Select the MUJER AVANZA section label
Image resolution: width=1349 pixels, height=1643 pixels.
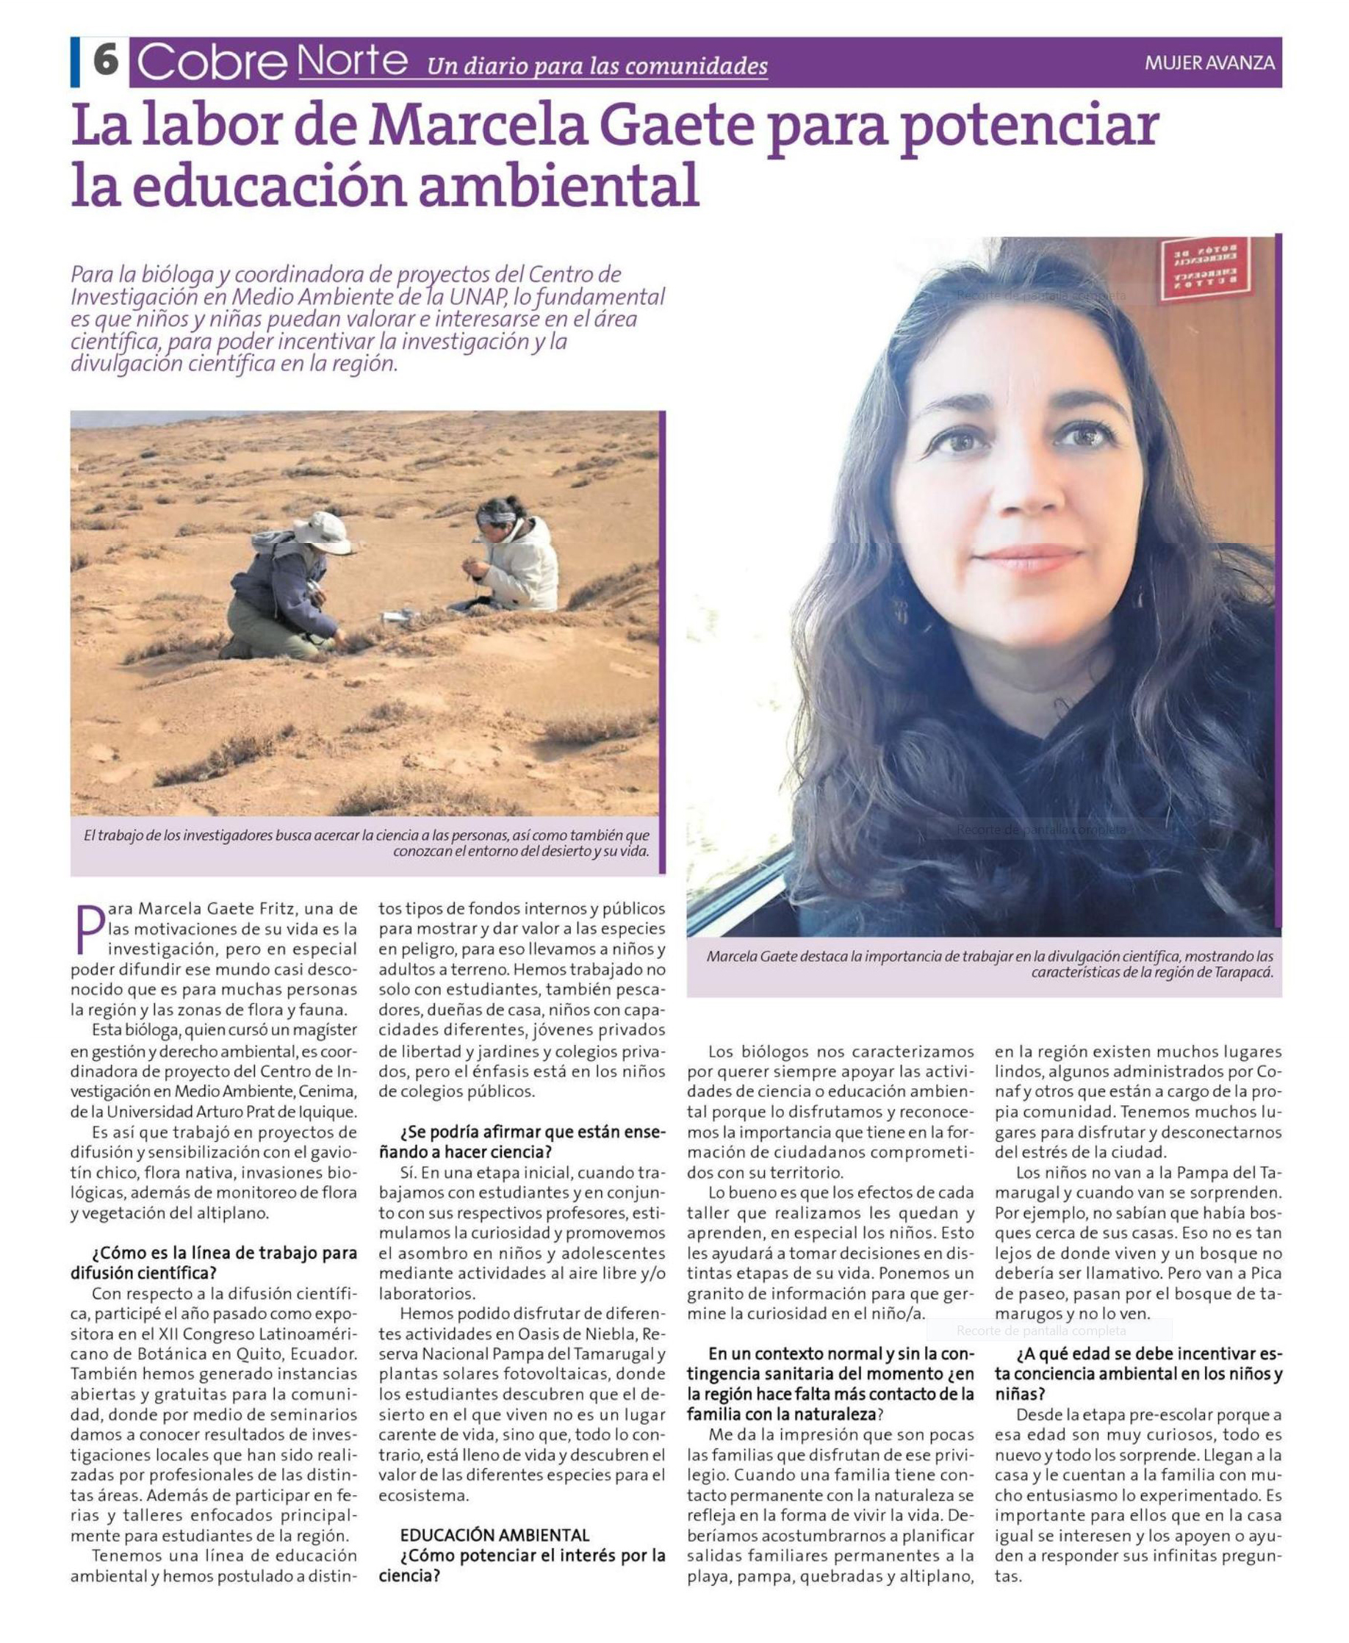pyautogui.click(x=1209, y=63)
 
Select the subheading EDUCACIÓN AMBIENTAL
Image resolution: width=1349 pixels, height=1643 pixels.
pyautogui.click(x=494, y=1535)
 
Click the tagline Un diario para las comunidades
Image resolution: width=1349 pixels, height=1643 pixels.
pyautogui.click(x=597, y=66)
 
